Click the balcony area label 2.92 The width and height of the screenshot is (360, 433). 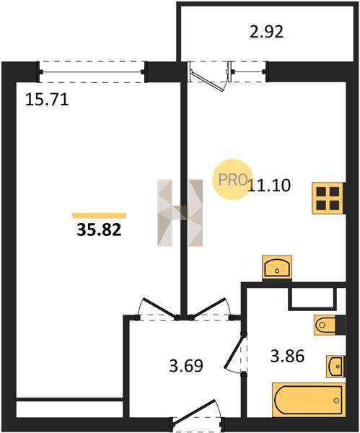266,32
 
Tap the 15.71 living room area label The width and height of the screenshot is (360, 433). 47,100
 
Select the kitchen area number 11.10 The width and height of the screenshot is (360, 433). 269,185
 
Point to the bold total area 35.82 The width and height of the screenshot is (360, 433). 99,229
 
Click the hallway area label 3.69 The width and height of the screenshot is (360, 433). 186,366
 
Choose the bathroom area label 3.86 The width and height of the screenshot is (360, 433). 287,356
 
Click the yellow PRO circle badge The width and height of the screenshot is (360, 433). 232,180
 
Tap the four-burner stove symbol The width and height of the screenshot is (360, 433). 328,198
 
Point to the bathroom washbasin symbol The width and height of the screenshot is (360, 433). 335,366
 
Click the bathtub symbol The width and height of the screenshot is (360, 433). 309,400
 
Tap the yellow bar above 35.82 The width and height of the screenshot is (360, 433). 99,216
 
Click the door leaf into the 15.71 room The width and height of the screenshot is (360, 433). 160,308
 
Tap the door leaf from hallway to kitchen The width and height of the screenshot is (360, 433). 209,308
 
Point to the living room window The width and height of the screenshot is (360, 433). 92,72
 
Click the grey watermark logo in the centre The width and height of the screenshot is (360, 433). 180,213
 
